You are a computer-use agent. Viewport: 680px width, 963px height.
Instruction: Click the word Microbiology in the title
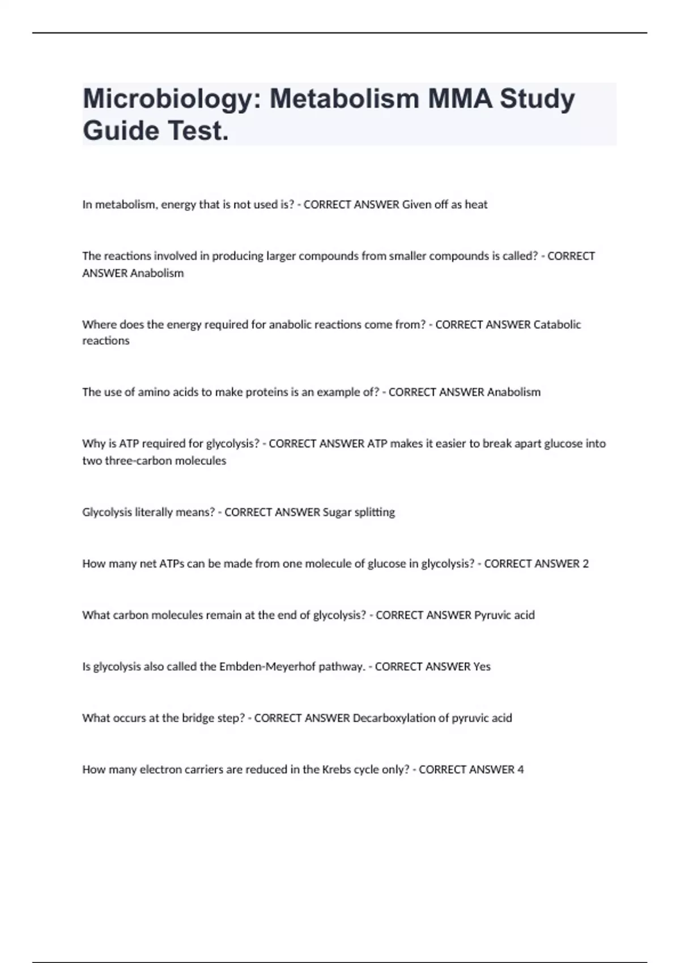click(x=171, y=99)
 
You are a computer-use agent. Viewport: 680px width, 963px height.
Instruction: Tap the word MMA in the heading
click(x=460, y=99)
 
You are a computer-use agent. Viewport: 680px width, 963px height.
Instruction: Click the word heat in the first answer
click(x=476, y=204)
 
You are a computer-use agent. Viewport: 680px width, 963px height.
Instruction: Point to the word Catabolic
click(x=558, y=325)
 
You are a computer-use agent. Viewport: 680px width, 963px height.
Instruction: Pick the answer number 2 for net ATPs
click(x=585, y=564)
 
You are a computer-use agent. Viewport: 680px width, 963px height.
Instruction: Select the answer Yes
click(x=482, y=667)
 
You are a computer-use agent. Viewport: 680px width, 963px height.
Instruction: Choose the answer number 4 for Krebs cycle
click(x=520, y=770)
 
